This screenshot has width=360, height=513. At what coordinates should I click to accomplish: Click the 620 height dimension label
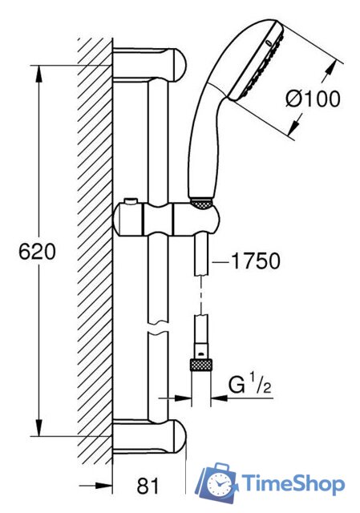click(37, 252)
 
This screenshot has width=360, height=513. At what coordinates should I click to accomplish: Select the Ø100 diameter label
click(313, 99)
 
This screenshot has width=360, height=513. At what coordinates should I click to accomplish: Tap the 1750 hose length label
click(256, 261)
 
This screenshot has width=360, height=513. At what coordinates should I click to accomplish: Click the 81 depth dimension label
click(148, 486)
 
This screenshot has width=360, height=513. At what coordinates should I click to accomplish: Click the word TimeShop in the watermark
click(293, 483)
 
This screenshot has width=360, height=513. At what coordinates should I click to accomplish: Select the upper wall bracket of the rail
click(149, 65)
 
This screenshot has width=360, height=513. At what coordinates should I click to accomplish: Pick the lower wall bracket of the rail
click(149, 436)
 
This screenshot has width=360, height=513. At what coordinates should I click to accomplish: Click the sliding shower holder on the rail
click(165, 219)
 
